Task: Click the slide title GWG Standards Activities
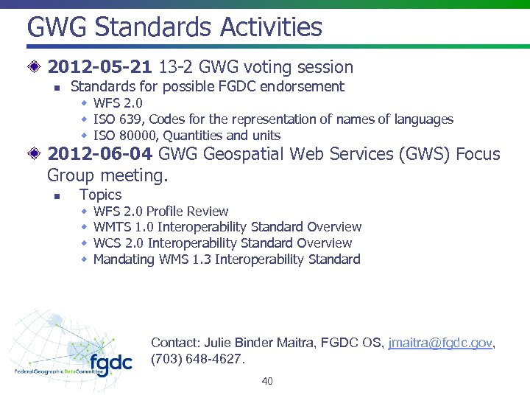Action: (174, 27)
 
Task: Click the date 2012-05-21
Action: (99, 68)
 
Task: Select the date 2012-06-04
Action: (99, 155)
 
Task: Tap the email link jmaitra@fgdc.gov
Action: (439, 343)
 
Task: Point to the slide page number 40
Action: (266, 381)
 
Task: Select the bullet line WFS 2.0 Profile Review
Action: (160, 212)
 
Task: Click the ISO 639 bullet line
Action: (273, 119)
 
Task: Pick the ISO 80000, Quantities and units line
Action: (186, 136)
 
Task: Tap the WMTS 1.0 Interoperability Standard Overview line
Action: (227, 227)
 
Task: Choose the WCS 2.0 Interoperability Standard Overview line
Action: (222, 243)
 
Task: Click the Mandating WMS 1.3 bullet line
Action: (227, 259)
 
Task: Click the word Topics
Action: (100, 195)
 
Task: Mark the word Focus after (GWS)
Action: (478, 155)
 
